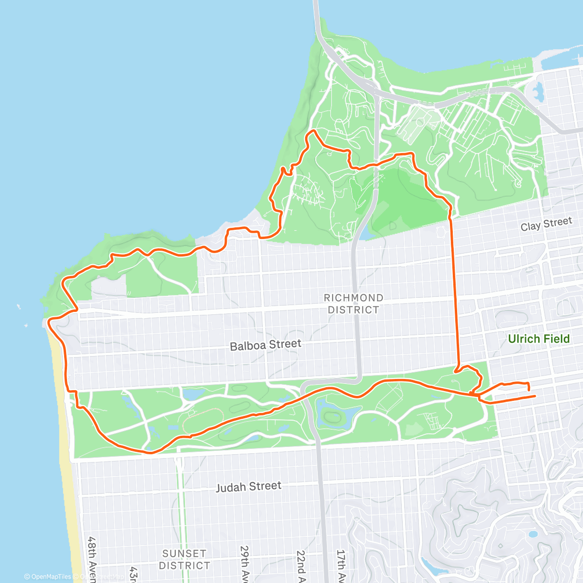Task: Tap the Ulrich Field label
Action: click(538, 339)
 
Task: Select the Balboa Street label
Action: click(265, 345)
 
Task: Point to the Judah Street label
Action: click(248, 487)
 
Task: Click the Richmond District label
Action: click(353, 304)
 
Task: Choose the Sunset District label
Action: click(184, 559)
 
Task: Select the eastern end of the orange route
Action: click(535, 396)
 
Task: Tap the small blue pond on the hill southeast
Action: click(533, 534)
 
